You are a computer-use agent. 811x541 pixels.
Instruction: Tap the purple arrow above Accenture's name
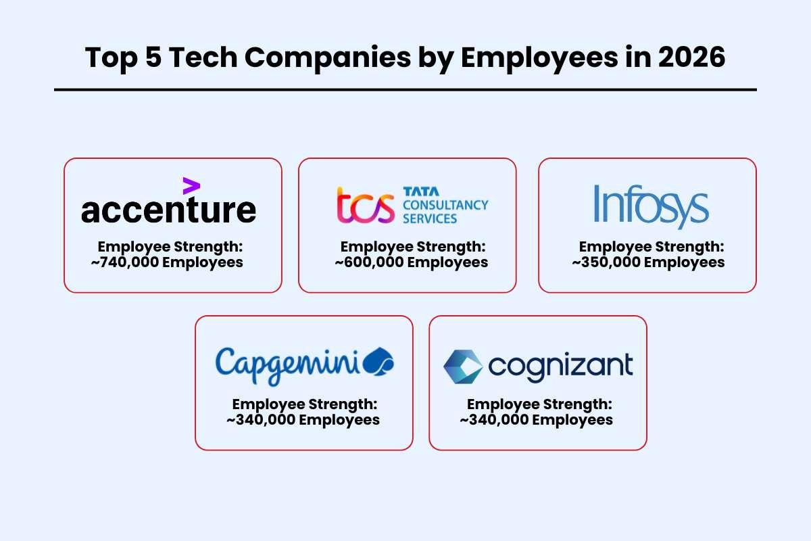point(191,186)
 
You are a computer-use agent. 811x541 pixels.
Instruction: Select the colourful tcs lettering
point(365,206)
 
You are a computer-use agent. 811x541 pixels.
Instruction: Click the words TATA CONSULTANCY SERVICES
point(445,205)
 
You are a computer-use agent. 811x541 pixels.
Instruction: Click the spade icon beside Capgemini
point(378,362)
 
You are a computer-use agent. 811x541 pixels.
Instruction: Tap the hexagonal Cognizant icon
point(463,366)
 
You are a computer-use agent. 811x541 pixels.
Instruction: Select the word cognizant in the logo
point(560,366)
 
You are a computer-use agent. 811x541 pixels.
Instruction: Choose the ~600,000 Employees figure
point(411,262)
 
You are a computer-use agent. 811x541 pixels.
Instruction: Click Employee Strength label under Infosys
point(651,247)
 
